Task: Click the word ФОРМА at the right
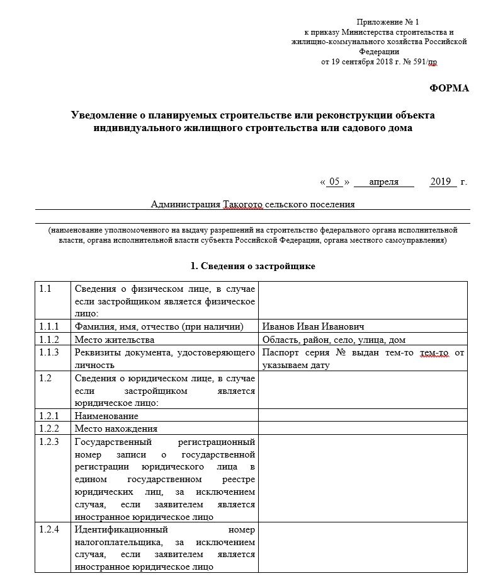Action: pyautogui.click(x=449, y=88)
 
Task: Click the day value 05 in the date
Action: pyautogui.click(x=335, y=182)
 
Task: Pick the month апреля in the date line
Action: pyautogui.click(x=383, y=182)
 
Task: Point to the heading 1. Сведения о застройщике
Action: pyautogui.click(x=252, y=266)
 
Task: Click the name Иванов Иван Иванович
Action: pyautogui.click(x=313, y=326)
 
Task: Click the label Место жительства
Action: pyautogui.click(x=114, y=340)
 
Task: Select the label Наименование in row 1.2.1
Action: pyautogui.click(x=106, y=416)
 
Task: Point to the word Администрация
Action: pyautogui.click(x=186, y=204)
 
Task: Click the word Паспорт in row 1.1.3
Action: pyautogui.click(x=280, y=352)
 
